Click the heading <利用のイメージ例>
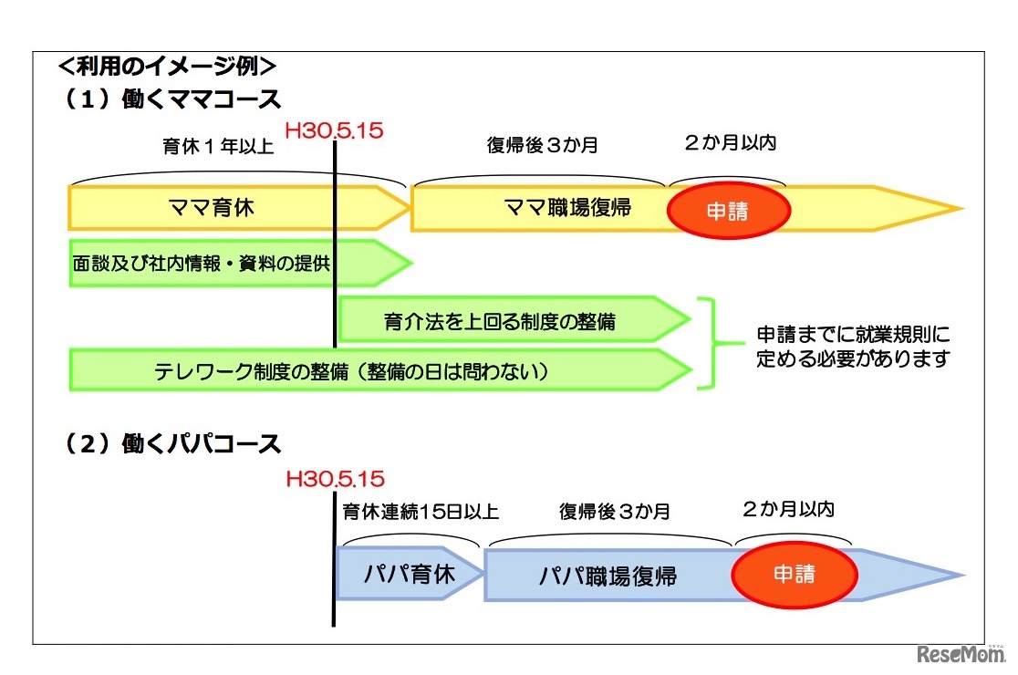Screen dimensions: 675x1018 [166, 66]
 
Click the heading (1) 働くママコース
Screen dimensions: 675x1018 [172, 99]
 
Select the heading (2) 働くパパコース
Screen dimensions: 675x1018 [172, 444]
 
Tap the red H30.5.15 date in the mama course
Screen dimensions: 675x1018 [334, 130]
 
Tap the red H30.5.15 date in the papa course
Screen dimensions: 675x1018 [335, 479]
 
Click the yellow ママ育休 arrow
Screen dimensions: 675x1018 [212, 208]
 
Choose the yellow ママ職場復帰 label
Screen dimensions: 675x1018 [567, 208]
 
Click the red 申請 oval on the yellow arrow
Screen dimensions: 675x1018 [728, 210]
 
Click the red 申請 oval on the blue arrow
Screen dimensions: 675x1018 [794, 575]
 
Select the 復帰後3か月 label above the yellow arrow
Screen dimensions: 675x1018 [543, 145]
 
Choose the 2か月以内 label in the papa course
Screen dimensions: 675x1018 [788, 508]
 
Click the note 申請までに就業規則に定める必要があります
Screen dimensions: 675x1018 [853, 346]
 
